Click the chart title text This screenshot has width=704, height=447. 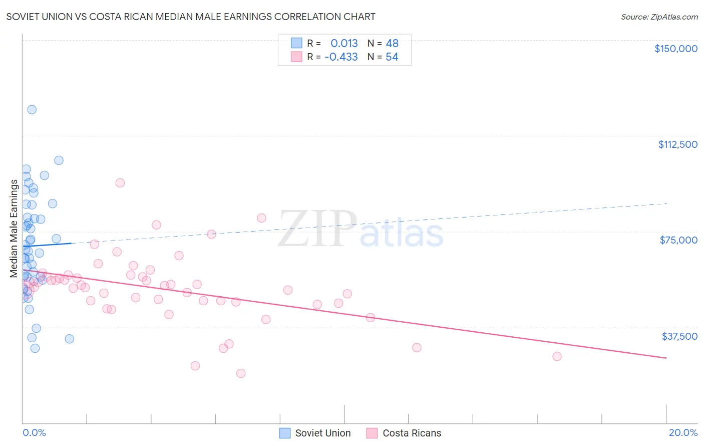(191, 17)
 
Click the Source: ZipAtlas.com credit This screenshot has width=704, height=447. (659, 17)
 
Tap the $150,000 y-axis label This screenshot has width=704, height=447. (675, 49)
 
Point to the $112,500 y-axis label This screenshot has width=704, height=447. (677, 144)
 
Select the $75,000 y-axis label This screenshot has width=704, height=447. (678, 240)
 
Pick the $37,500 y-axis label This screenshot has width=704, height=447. (679, 336)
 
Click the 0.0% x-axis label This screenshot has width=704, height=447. (34, 432)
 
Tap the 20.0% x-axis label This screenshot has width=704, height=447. (683, 432)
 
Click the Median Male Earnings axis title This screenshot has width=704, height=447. (14, 229)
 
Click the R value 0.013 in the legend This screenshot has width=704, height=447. (344, 44)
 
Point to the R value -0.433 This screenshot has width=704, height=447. (341, 57)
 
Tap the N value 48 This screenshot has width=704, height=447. (392, 44)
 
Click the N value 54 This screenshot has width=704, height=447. (392, 57)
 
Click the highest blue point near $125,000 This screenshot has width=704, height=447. (32, 110)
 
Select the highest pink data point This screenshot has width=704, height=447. (120, 183)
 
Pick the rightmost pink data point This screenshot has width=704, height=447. (557, 356)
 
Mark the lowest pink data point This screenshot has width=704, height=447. (241, 373)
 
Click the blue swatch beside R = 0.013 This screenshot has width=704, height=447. (296, 43)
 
